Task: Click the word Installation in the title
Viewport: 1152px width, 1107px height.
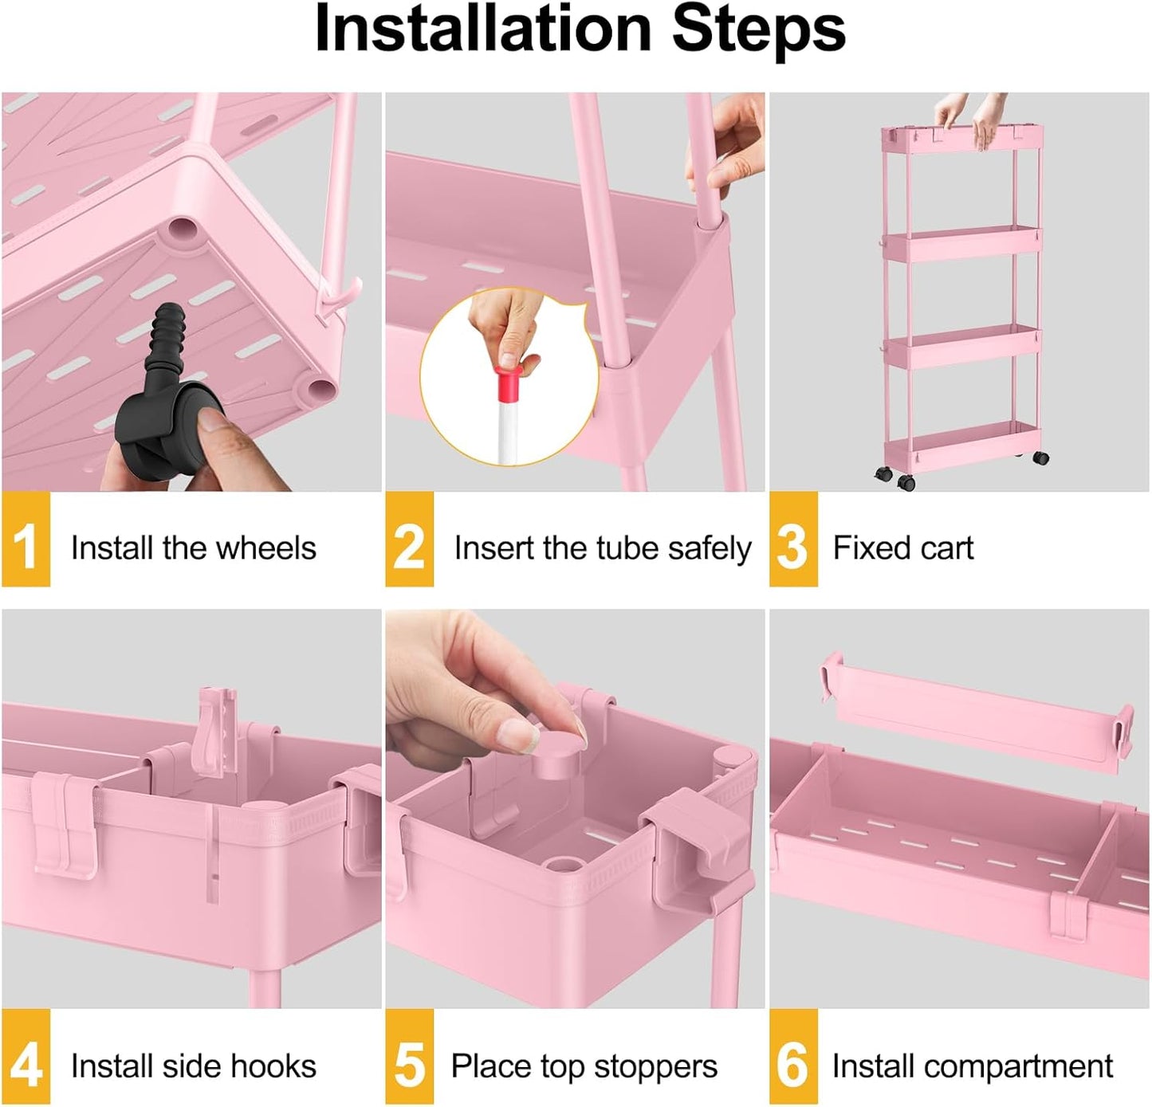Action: pos(483,29)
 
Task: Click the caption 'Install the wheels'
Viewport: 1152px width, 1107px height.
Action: pos(193,548)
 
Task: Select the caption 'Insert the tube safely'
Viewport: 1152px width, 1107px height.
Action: pos(602,548)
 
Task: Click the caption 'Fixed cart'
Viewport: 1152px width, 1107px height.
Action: pos(902,548)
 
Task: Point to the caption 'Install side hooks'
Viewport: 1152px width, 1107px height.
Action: pos(193,1066)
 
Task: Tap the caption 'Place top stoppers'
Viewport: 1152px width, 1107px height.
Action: pos(584,1066)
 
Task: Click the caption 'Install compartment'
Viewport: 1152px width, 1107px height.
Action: pos(972,1066)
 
